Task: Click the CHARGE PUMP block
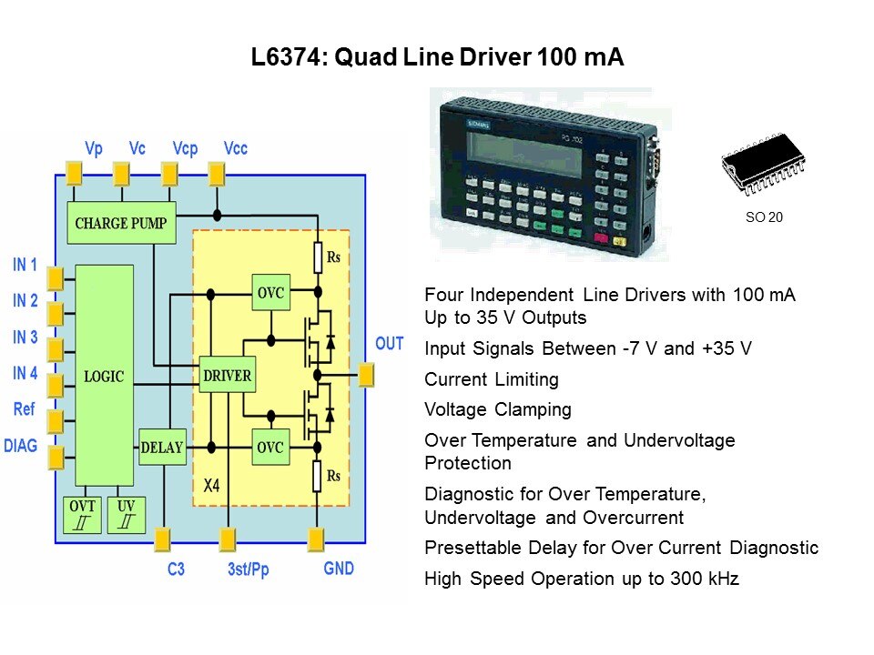pyautogui.click(x=122, y=223)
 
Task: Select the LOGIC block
pyautogui.click(x=105, y=376)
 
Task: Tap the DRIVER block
pyautogui.click(x=227, y=375)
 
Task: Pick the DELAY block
pyautogui.click(x=162, y=448)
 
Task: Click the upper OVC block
pyautogui.click(x=270, y=293)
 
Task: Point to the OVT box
pyautogui.click(x=79, y=514)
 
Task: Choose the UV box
pyautogui.click(x=126, y=514)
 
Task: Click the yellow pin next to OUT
pyautogui.click(x=367, y=374)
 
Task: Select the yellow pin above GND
pyautogui.click(x=316, y=539)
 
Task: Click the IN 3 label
pyautogui.click(x=25, y=338)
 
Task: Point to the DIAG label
pyautogui.click(x=21, y=446)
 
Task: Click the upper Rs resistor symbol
pyautogui.click(x=319, y=258)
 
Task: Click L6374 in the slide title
pyautogui.click(x=289, y=57)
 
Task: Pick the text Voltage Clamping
pyautogui.click(x=498, y=409)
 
